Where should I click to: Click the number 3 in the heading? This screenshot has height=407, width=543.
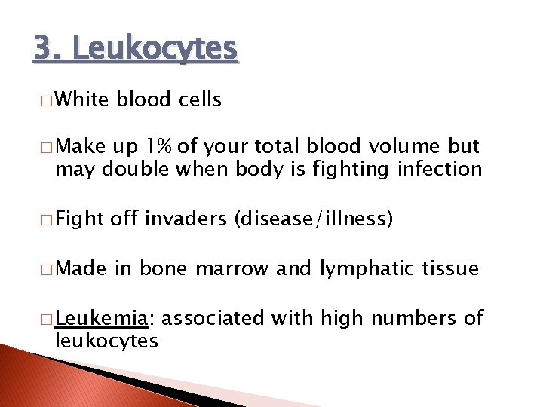tap(44, 49)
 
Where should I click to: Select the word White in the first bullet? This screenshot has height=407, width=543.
tap(82, 99)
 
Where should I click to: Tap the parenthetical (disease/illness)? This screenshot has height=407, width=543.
tap(314, 219)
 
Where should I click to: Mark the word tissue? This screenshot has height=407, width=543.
tap(450, 268)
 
